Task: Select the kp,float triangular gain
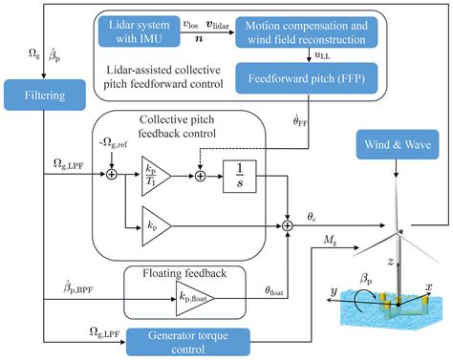(x=193, y=298)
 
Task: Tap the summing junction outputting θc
(x=287, y=225)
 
